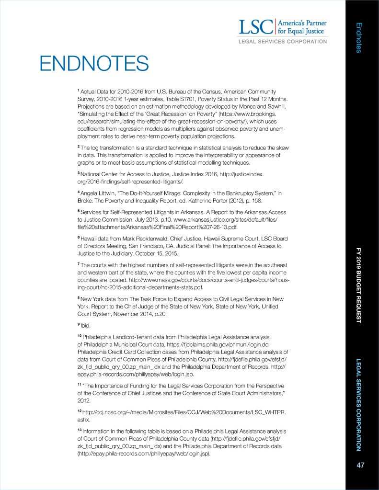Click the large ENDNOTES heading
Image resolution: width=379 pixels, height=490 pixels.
coord(94,63)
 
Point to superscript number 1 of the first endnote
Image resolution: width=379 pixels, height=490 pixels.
coord(79,90)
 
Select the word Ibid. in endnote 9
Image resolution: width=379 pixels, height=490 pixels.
coord(86,326)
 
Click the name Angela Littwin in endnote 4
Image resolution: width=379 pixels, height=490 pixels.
coord(97,192)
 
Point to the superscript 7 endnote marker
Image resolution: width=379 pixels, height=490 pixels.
coord(79,264)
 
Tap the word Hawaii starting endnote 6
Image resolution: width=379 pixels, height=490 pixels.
coord(90,238)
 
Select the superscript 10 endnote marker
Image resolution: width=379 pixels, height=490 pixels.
coord(80,336)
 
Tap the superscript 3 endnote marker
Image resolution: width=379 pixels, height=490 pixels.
coord(79,172)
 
